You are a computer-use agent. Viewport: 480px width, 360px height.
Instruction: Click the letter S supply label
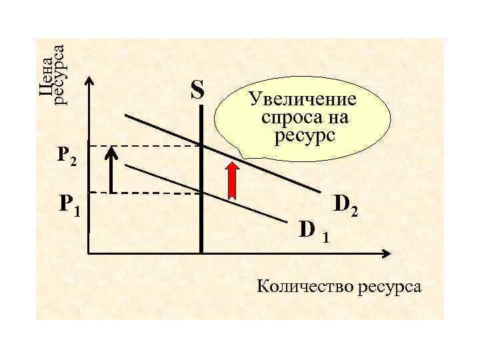pyautogui.click(x=197, y=89)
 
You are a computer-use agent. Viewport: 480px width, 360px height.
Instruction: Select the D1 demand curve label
pyautogui.click(x=313, y=231)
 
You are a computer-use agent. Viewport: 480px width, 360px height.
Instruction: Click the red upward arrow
pyautogui.click(x=233, y=180)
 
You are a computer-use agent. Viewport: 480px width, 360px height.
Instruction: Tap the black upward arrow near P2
pyautogui.click(x=112, y=170)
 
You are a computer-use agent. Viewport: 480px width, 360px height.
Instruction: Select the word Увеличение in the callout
pyautogui.click(x=303, y=101)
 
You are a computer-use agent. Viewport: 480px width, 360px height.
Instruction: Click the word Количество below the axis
pyautogui.click(x=306, y=287)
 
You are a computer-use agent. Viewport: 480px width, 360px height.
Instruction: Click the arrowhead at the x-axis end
pyautogui.click(x=386, y=253)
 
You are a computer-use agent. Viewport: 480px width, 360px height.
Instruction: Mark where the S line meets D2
pyautogui.click(x=201, y=145)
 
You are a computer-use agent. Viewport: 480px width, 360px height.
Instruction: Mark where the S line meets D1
pyautogui.click(x=201, y=193)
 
